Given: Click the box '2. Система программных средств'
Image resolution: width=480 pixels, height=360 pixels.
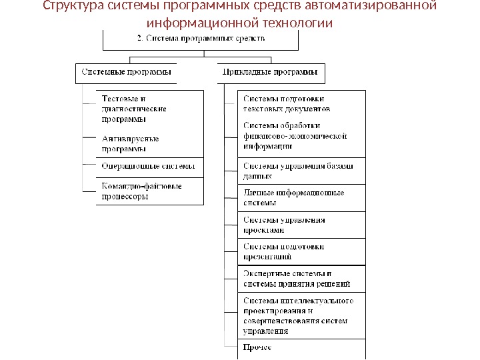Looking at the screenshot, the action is click(x=201, y=39).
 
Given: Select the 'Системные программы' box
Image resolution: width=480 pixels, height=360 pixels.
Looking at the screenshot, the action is click(x=126, y=71).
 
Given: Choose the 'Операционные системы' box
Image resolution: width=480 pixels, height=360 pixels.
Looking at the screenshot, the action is click(x=148, y=166).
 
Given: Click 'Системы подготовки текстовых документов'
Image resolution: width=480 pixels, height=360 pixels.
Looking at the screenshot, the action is click(x=287, y=103).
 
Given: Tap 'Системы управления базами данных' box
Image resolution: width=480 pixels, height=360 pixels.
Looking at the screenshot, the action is click(x=297, y=171).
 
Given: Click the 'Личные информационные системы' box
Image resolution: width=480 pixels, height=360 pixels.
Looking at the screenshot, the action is click(x=293, y=198).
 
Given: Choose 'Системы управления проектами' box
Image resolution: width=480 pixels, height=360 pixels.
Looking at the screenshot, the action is click(x=284, y=225).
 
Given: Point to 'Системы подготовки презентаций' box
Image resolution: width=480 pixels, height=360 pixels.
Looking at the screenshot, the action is click(x=284, y=251).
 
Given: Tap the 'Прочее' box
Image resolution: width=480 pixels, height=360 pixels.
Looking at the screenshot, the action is click(x=257, y=347).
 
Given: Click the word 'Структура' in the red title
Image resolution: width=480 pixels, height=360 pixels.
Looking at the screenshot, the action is click(x=69, y=7).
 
